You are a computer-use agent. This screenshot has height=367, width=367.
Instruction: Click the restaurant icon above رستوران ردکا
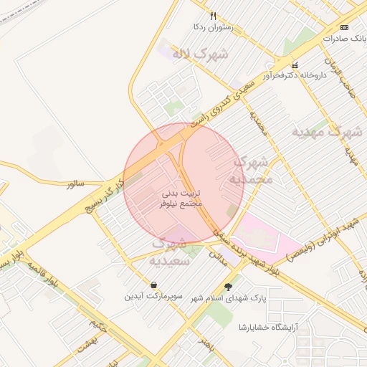tap(213, 16)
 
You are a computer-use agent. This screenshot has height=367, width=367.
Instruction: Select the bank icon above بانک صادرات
tap(345, 27)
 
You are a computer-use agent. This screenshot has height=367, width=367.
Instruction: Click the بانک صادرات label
tap(345, 38)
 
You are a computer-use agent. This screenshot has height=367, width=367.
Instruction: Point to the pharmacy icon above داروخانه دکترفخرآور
tap(294, 65)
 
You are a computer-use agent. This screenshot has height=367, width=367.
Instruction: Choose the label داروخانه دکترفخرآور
tap(294, 75)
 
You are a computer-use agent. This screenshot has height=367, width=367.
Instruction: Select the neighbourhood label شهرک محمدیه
tap(253, 171)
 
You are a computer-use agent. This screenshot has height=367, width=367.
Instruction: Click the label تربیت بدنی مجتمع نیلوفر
tap(181, 199)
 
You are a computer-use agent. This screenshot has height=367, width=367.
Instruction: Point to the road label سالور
tap(76, 185)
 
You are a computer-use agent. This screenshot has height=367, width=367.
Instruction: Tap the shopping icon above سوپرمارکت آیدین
tap(154, 285)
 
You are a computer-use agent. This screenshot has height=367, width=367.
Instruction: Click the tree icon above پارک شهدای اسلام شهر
tap(228, 287)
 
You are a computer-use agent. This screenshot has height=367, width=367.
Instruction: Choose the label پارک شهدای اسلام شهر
tap(249, 297)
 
